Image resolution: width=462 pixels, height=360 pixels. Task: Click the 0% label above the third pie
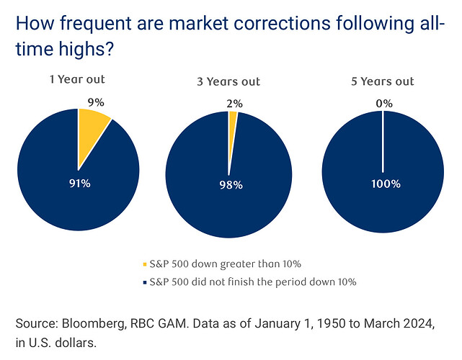[384, 104]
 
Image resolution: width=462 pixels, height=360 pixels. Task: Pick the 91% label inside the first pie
[79, 184]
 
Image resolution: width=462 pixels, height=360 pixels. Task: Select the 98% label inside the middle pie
[231, 185]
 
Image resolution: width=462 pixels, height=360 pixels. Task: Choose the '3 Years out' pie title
[228, 81]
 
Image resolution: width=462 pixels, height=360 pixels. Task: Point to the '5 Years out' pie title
[384, 81]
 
